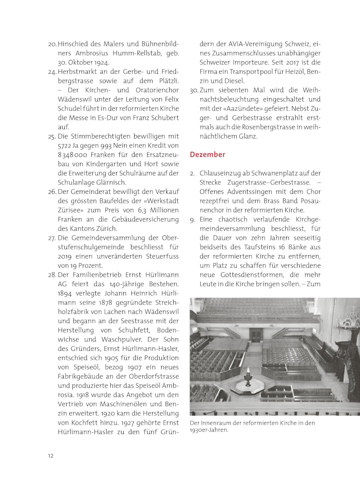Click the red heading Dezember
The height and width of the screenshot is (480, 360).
tap(207, 154)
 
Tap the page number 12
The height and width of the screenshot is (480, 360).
tap(51, 455)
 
